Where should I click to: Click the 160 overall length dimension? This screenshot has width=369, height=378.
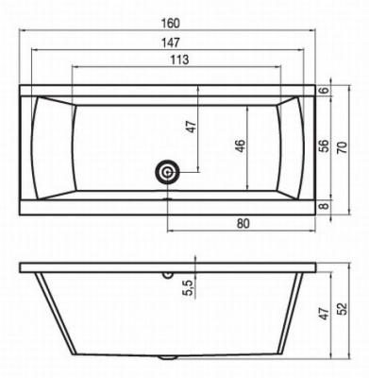pyautogui.click(x=171, y=24)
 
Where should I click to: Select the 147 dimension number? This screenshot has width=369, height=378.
pyautogui.click(x=170, y=43)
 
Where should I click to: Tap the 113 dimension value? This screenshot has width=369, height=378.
pyautogui.click(x=179, y=60)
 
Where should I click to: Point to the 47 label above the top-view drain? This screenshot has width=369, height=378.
pyautogui.click(x=192, y=127)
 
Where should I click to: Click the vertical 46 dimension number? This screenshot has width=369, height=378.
pyautogui.click(x=241, y=146)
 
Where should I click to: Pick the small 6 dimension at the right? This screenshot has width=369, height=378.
pyautogui.click(x=326, y=90)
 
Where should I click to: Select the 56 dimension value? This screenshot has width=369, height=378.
pyautogui.click(x=326, y=146)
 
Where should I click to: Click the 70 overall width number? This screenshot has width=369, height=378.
pyautogui.click(x=343, y=147)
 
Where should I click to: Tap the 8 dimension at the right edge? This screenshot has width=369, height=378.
pyautogui.click(x=326, y=206)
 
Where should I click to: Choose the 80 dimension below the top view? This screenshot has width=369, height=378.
pyautogui.click(x=243, y=223)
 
